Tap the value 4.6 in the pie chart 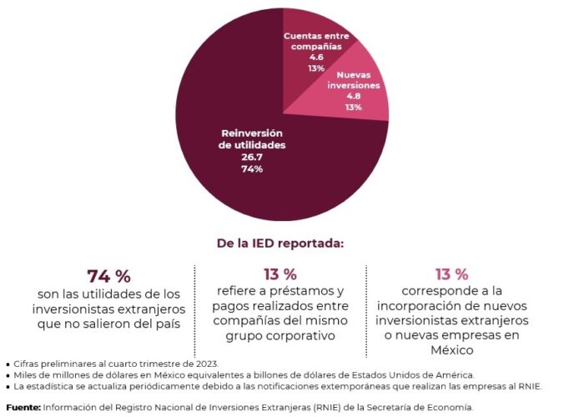click(x=316, y=58)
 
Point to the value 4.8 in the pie click(x=353, y=96)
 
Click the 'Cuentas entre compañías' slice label click(x=316, y=42)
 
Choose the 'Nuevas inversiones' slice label click(x=353, y=79)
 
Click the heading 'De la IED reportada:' click(x=280, y=244)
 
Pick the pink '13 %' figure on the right click(x=451, y=274)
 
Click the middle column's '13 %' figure click(x=279, y=274)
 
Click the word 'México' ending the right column click(x=451, y=350)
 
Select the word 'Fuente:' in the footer click(x=22, y=407)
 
